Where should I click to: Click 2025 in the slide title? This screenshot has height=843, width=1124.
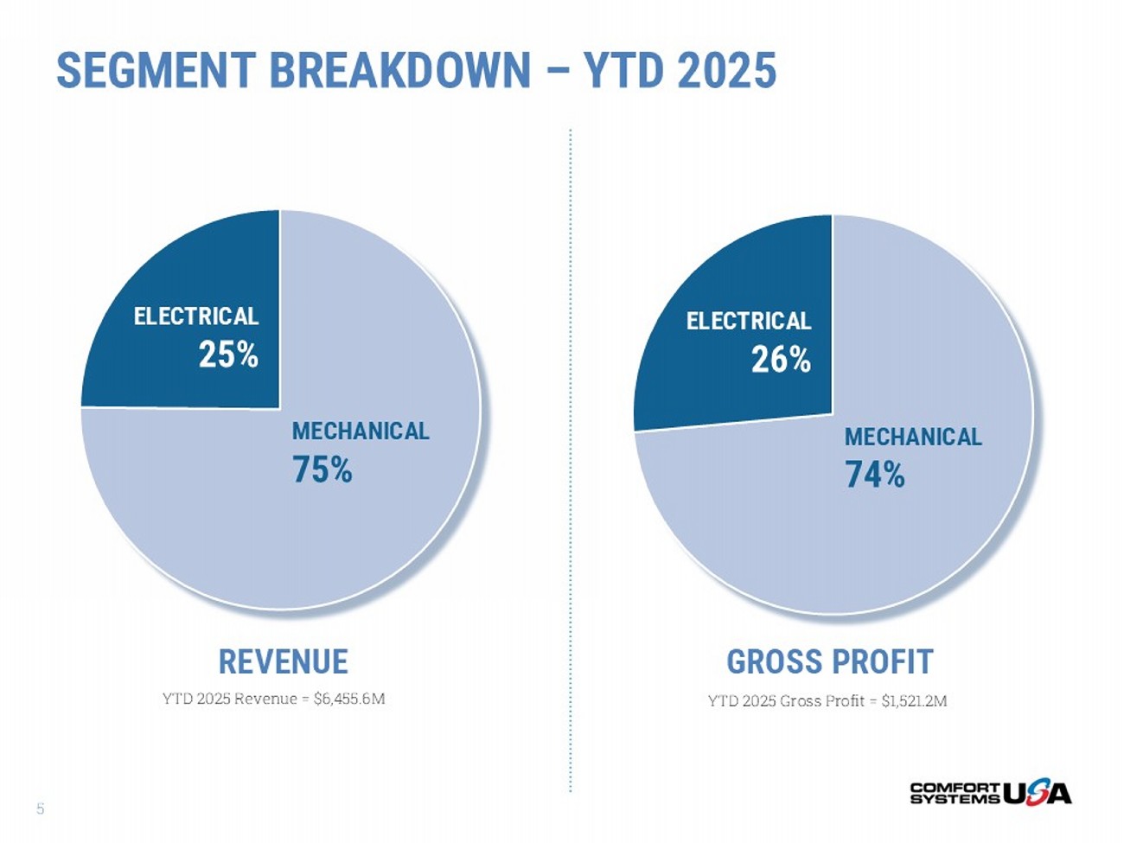click(726, 70)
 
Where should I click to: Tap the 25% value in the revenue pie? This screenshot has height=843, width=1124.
click(228, 354)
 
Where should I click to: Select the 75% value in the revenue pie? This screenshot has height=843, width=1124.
click(323, 469)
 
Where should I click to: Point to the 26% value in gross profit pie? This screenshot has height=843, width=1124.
click(781, 360)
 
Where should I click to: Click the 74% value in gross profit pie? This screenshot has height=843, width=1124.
click(875, 475)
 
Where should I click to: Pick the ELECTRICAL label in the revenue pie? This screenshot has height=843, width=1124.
click(196, 316)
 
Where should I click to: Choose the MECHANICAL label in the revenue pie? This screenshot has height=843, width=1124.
click(361, 431)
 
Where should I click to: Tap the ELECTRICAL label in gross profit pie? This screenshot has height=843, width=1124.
click(749, 322)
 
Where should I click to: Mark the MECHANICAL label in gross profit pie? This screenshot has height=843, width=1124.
click(913, 437)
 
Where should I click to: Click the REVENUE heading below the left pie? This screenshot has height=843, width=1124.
click(283, 661)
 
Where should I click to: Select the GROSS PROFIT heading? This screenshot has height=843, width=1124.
click(829, 661)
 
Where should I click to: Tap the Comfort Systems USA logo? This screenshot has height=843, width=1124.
click(990, 792)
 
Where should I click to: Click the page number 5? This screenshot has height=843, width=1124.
click(40, 809)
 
